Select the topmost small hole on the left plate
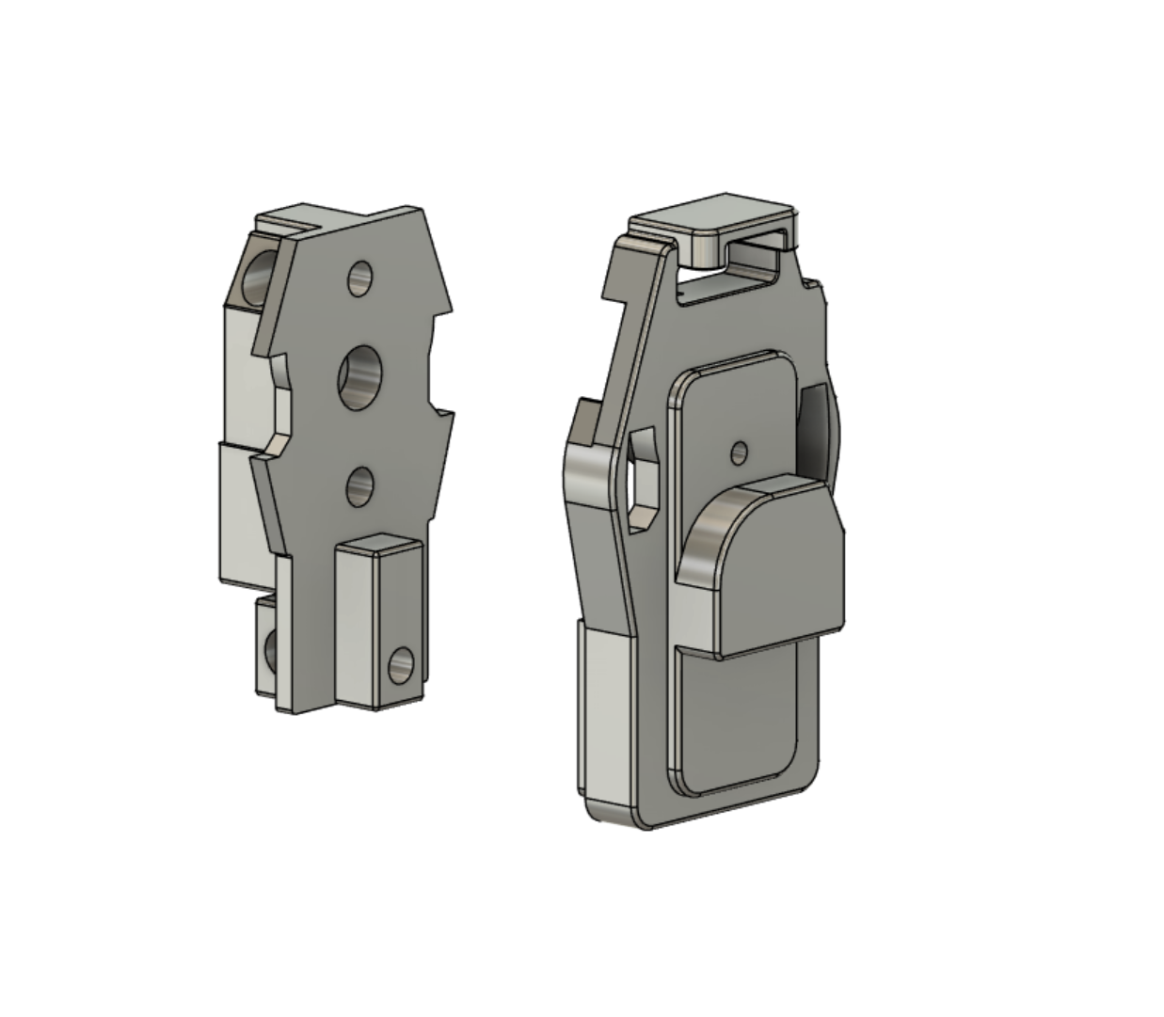(x=359, y=278)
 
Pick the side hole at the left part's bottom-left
(x=269, y=650)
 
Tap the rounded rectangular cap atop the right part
(x=710, y=215)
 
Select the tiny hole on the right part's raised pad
(x=740, y=453)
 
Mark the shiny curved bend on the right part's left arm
(x=588, y=470)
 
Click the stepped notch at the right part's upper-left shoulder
(x=615, y=282)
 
